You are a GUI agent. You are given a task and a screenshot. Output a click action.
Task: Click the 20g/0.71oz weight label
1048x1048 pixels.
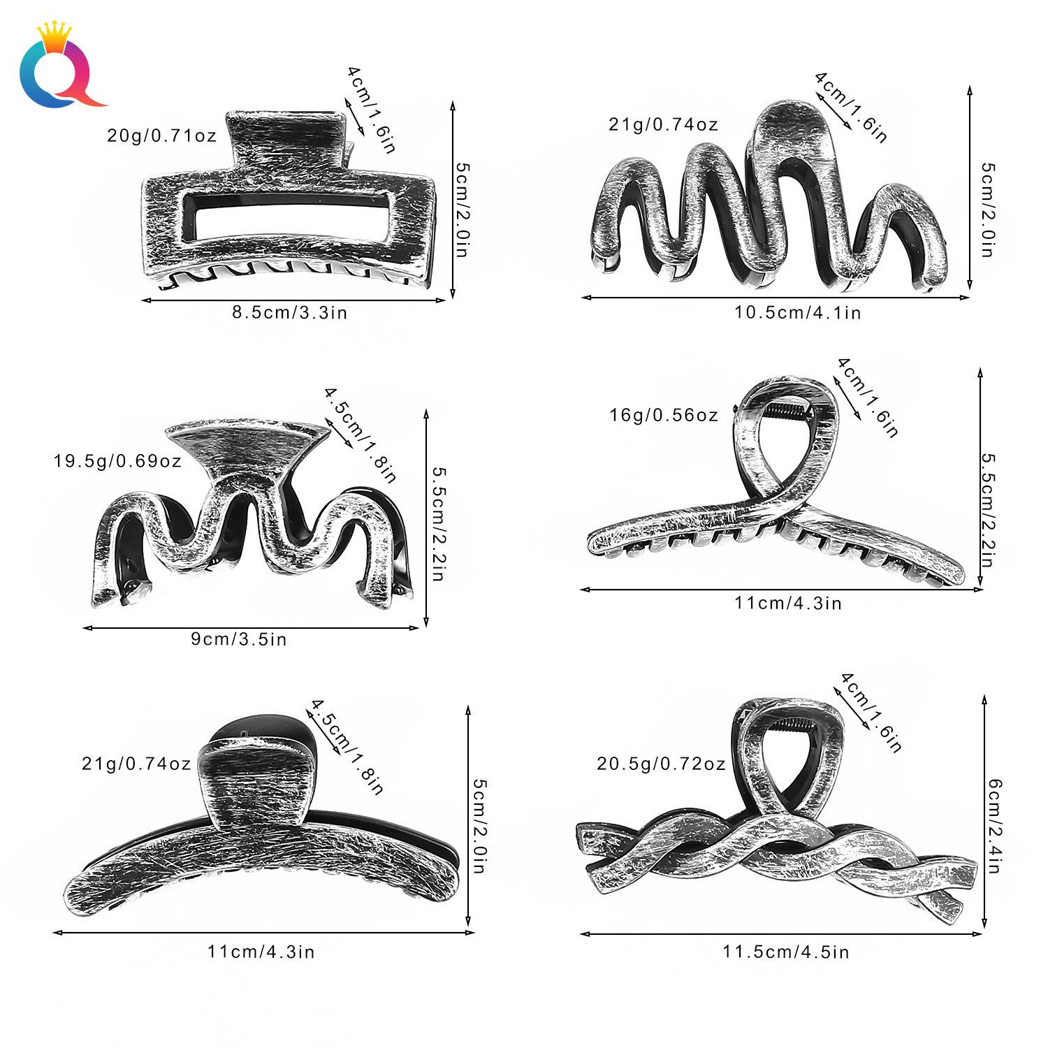(161, 135)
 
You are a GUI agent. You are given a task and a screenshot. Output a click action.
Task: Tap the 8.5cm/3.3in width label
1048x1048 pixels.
(290, 312)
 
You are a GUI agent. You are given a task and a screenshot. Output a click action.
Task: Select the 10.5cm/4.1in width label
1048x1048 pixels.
(798, 312)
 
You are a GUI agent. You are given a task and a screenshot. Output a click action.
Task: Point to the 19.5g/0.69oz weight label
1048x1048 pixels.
(117, 461)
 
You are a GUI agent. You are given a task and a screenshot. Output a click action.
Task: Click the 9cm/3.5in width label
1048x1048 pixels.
(239, 639)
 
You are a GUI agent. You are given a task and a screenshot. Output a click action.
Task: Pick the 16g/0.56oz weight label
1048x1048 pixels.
(663, 415)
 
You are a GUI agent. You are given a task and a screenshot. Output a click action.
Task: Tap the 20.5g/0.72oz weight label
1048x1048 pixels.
(661, 764)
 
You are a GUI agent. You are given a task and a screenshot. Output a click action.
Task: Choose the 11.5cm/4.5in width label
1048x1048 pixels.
(786, 951)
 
